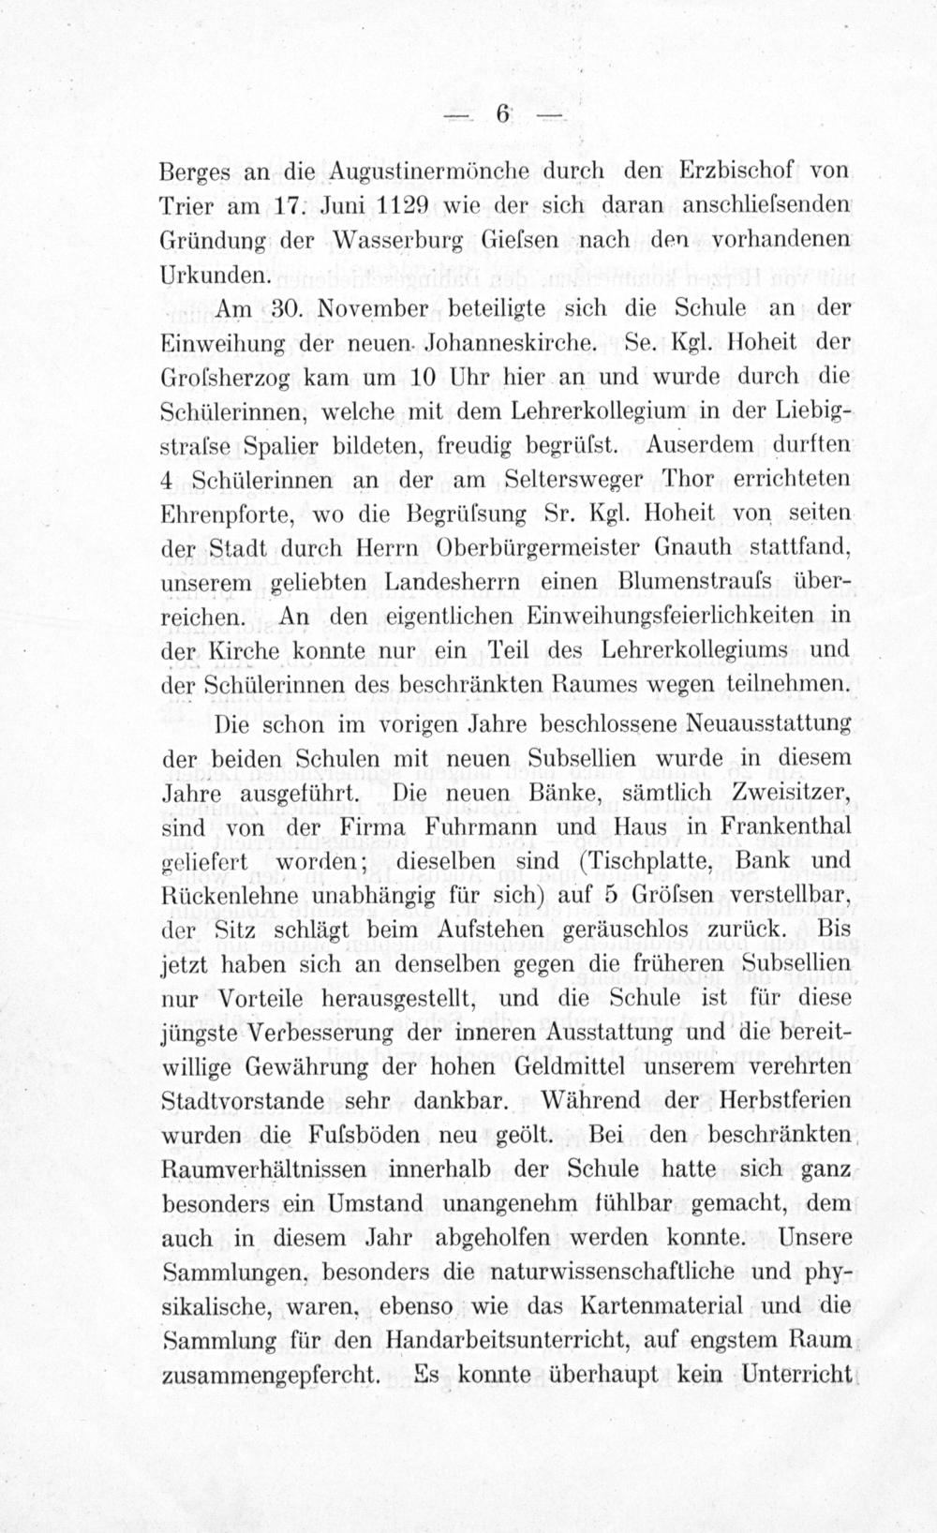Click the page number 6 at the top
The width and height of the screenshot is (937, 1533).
pos(502,113)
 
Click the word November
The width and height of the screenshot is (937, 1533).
pos(378,308)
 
